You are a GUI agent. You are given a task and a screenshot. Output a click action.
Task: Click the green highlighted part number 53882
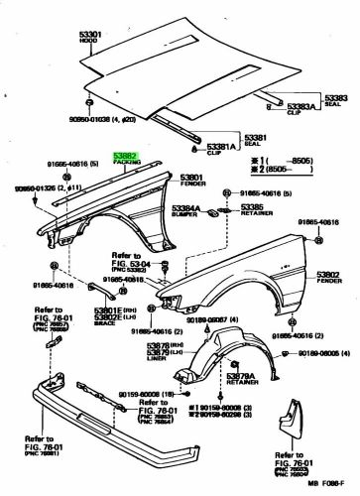pos(126,156)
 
